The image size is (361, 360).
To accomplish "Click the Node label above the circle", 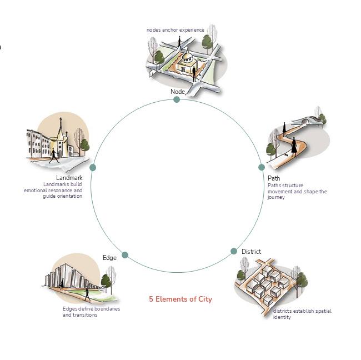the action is click(x=178, y=91).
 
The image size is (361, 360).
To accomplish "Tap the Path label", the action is click(x=274, y=179).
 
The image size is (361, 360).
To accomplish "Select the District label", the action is click(x=251, y=252).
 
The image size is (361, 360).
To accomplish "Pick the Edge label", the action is click(x=109, y=257).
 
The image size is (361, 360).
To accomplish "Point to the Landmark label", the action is click(x=69, y=178).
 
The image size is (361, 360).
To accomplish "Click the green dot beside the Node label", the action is click(x=177, y=99).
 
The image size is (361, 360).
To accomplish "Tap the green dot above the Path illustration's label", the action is click(x=261, y=167).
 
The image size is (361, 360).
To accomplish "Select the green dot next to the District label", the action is click(x=234, y=251).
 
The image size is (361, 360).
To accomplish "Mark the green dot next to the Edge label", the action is click(x=125, y=255).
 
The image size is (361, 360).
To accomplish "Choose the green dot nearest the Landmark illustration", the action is click(x=93, y=167).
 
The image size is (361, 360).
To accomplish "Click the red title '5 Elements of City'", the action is click(x=180, y=299).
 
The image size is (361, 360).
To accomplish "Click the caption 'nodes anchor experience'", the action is click(x=176, y=29).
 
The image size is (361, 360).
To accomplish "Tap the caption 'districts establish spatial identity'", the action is click(x=302, y=314).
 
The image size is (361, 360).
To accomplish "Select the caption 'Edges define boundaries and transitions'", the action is click(x=91, y=312).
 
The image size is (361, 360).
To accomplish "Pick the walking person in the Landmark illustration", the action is click(x=54, y=155).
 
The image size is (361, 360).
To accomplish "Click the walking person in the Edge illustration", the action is click(x=87, y=294).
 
